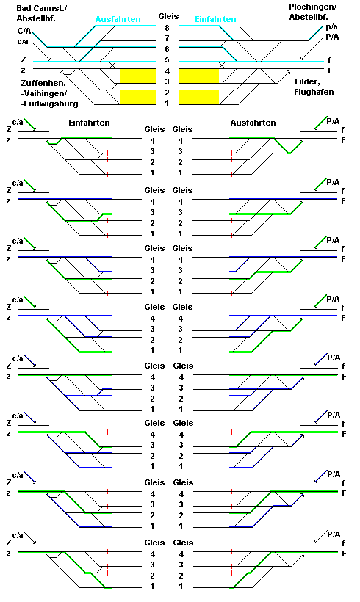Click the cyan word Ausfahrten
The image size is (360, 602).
[118, 19]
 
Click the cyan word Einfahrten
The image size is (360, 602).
[215, 19]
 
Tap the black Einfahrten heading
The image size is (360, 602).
[89, 123]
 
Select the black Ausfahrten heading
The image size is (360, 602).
[253, 123]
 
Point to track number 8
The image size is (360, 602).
[167, 28]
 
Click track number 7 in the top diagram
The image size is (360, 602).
[167, 38]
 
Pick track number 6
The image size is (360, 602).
[167, 49]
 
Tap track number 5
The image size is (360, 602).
[167, 60]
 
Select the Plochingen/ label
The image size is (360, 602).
[313, 7]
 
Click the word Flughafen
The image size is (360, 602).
[314, 93]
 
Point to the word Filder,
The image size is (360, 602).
[307, 81]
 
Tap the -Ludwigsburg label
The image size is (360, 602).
[49, 104]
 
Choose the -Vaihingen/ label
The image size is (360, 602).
[44, 93]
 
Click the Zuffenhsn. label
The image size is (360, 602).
[43, 83]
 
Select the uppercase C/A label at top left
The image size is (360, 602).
[24, 32]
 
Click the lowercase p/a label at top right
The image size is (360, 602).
[332, 27]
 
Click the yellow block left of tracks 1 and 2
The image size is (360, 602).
[139, 97]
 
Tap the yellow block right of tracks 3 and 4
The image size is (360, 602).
[199, 76]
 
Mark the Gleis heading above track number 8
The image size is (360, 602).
[169, 16]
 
